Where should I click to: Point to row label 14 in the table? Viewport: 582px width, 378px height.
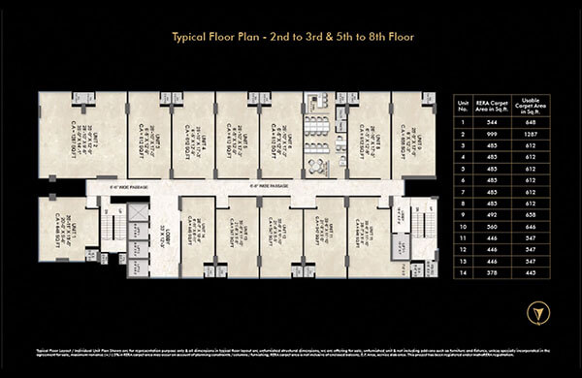click(467, 271)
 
